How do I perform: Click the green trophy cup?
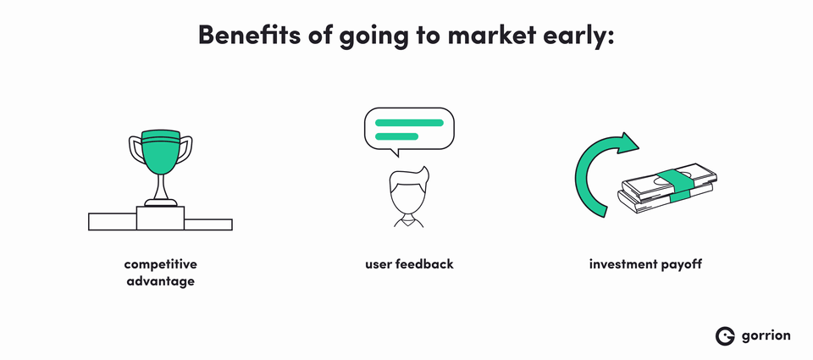coord(161,152)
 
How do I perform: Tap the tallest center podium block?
coord(160,218)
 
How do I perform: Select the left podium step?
coord(113,221)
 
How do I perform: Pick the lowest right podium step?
coord(208,224)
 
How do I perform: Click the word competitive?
coord(161,264)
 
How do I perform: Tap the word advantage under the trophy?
coord(161,282)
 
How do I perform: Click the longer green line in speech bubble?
coord(409,123)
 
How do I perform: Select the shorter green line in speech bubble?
coord(396,136)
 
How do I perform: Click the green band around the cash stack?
coord(675,186)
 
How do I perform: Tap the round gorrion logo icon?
coord(726,335)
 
